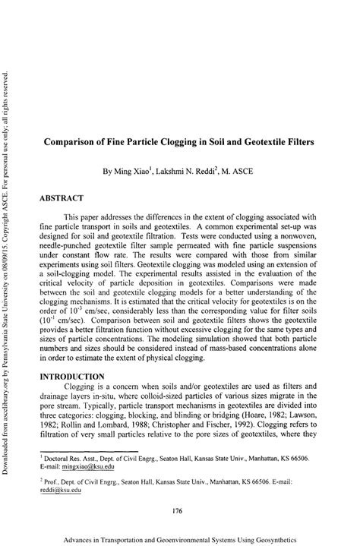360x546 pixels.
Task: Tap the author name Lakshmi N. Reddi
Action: [192, 172]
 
